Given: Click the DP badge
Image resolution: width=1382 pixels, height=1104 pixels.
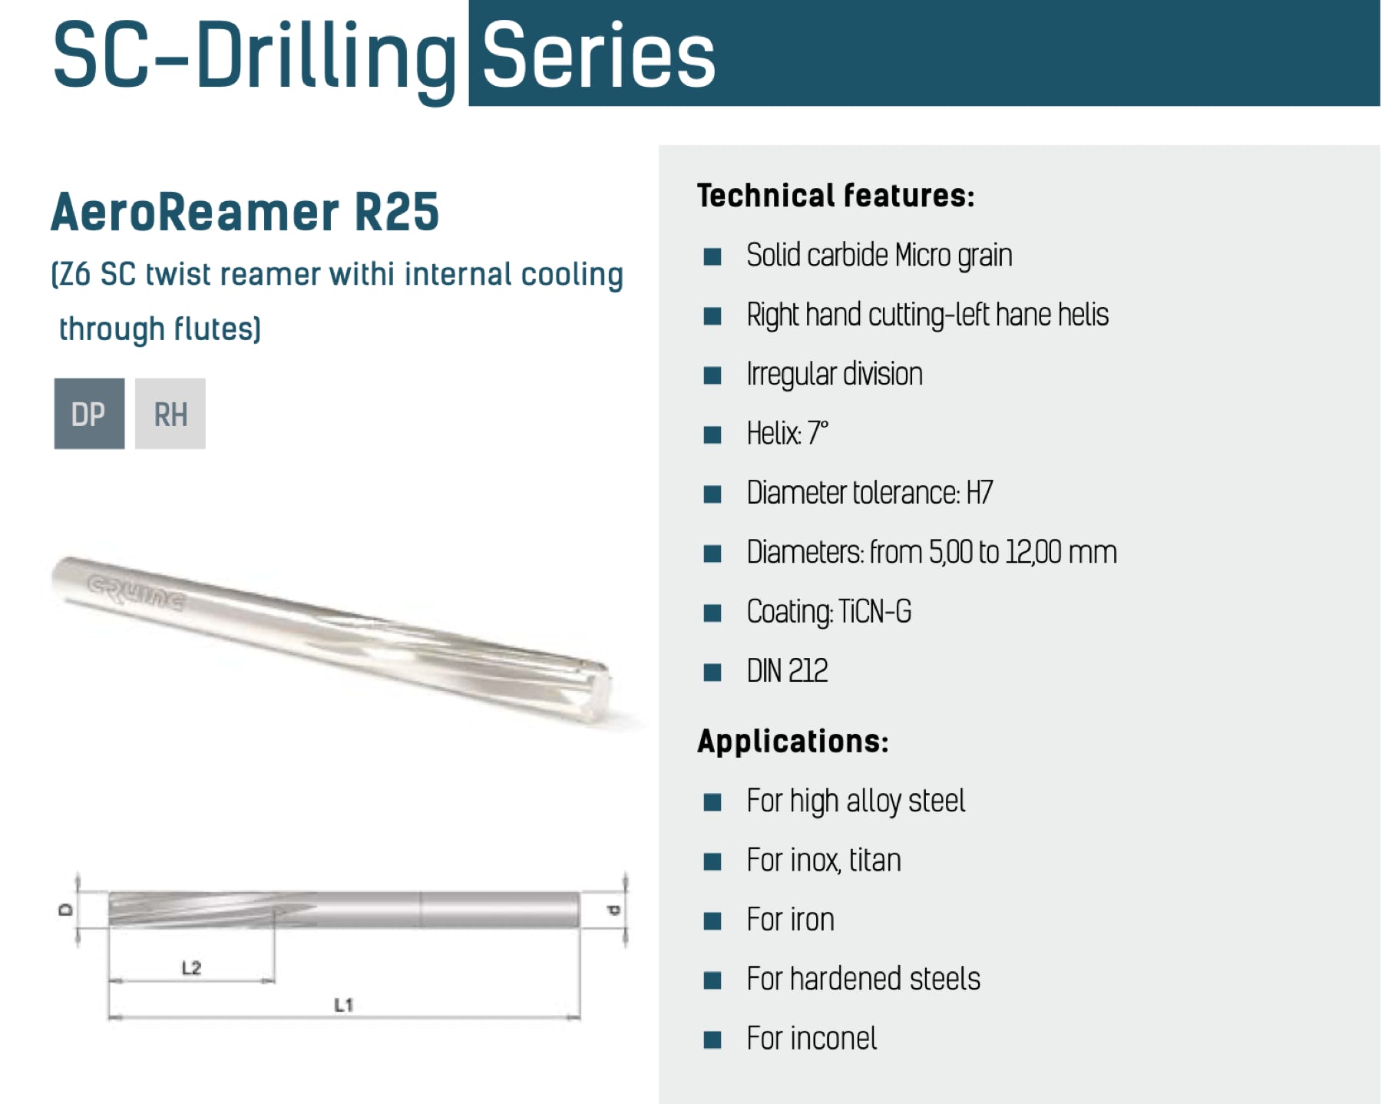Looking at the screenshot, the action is tap(89, 414).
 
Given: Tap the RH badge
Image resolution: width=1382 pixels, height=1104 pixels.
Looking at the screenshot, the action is tap(170, 414).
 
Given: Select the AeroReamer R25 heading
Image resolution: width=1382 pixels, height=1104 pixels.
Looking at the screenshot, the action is tap(245, 212).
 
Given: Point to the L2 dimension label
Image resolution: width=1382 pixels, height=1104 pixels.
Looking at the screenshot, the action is tap(191, 967).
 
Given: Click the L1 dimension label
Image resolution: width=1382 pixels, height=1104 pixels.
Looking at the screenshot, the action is tap(343, 1005).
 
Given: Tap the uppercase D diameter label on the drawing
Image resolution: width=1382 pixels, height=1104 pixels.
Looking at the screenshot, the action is tap(66, 910).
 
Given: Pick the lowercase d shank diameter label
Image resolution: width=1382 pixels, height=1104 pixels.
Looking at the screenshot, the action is tap(613, 911).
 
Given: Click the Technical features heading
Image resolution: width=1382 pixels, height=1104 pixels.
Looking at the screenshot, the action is tap(835, 196).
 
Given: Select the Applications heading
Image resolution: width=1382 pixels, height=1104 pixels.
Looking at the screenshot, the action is tap(793, 742).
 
